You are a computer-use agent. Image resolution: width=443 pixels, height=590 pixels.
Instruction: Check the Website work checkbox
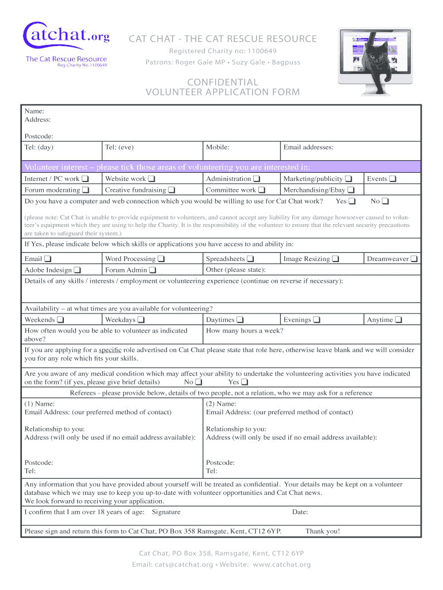coord(151,179)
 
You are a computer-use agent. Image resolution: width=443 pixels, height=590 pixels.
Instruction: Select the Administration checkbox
coord(257,179)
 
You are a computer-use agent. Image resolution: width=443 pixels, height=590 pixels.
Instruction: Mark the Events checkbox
coord(393,179)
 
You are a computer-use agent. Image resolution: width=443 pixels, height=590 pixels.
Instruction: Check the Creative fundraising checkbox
coord(171,190)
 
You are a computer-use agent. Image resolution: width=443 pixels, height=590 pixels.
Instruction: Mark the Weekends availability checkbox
coord(60,320)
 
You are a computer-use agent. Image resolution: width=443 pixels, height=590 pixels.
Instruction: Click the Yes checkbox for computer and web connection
coord(352,201)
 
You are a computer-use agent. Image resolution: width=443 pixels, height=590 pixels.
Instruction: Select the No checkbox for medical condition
coord(198,382)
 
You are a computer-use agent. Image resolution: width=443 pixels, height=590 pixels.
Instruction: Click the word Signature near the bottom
coord(166,512)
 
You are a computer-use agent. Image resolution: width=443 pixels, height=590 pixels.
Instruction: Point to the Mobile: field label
coord(217,147)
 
